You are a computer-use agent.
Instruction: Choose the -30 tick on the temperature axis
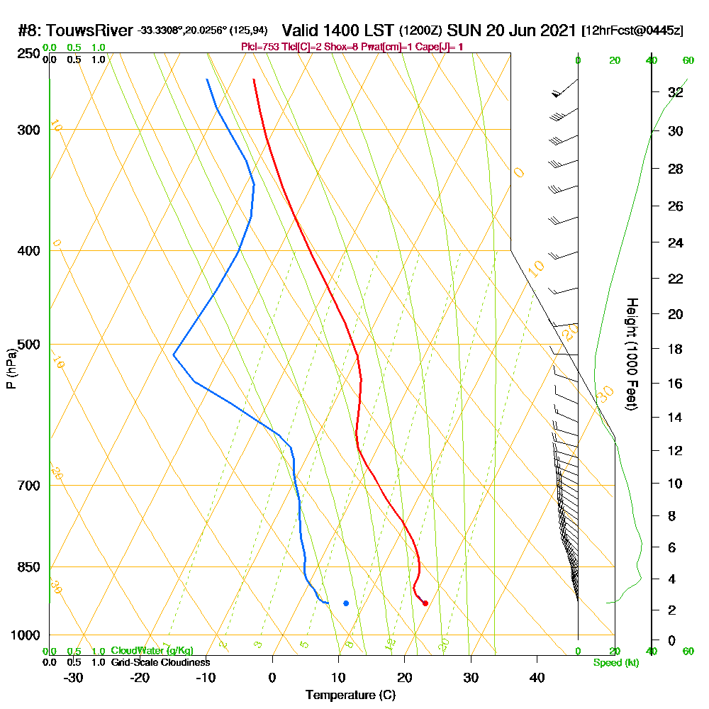73,678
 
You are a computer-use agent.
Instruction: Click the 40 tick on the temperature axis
537,678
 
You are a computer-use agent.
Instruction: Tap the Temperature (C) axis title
350,695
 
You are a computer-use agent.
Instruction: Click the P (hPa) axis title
11,369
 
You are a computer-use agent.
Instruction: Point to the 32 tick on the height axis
675,92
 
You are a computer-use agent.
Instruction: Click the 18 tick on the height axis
675,349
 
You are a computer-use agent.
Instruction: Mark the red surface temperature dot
425,603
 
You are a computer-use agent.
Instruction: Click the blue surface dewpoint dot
346,603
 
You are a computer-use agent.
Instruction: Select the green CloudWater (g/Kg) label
152,651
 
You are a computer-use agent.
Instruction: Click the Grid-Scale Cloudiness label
160,662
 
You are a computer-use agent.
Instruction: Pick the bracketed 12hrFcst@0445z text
632,30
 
